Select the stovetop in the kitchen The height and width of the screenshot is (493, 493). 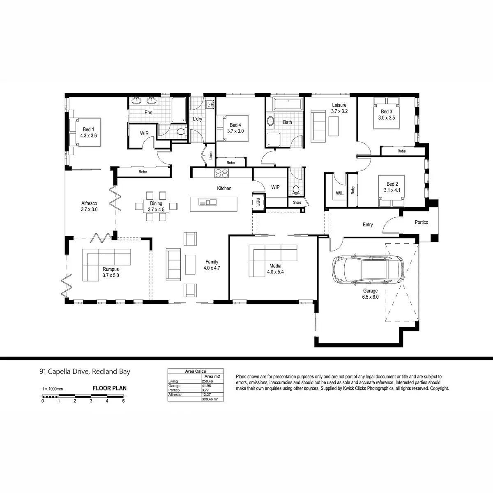[x=222, y=174]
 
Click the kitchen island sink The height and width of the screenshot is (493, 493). [x=207, y=202]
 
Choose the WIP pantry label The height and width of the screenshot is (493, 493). [x=275, y=187]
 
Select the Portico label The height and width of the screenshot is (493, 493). [x=421, y=222]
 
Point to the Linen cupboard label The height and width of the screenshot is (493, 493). [x=211, y=155]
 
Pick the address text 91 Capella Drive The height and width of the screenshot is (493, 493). [x=85, y=372]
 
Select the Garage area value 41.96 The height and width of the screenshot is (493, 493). [x=206, y=386]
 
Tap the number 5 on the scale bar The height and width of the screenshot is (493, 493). [x=123, y=401]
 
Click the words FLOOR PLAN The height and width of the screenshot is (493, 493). [x=109, y=388]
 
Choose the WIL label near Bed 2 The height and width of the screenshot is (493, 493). [x=339, y=193]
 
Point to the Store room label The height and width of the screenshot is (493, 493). [x=297, y=203]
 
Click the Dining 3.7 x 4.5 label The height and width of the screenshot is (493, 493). [x=156, y=206]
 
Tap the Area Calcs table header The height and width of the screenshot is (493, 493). [x=196, y=371]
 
